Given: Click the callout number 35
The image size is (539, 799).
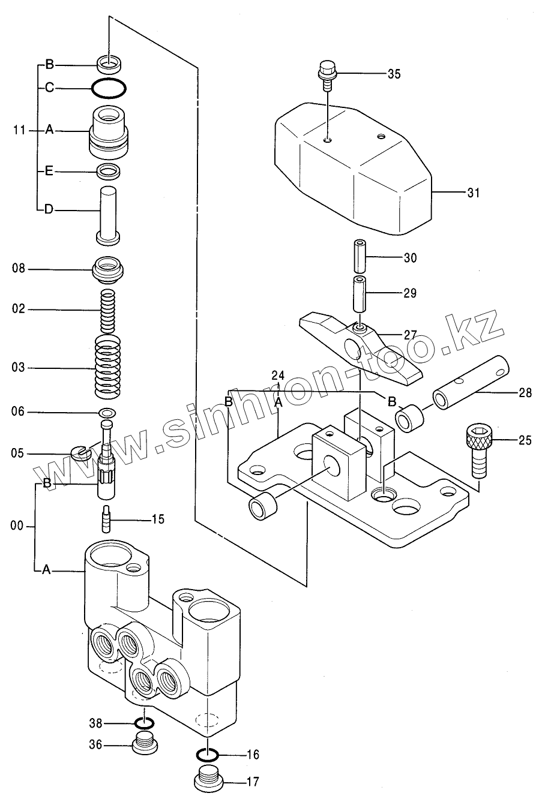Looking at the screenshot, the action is (394, 74).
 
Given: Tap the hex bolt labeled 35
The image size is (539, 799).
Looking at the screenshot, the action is (327, 76).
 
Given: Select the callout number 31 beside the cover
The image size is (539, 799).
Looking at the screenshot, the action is (474, 193).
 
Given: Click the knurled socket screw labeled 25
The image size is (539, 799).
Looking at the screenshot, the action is (478, 450).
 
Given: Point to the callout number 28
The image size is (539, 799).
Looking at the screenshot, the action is (525, 393).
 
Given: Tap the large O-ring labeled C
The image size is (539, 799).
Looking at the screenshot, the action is (109, 88).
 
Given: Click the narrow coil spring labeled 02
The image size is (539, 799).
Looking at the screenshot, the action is (108, 310).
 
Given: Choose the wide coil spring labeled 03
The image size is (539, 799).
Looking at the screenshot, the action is (108, 367).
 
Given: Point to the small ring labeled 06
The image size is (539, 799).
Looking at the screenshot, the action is (107, 413).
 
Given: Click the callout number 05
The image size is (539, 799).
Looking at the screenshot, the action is (18, 453).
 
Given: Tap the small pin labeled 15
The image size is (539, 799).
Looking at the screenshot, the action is (107, 519).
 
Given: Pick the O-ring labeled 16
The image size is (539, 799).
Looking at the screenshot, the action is (208, 755).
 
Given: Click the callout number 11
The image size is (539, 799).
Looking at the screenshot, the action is (20, 131).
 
